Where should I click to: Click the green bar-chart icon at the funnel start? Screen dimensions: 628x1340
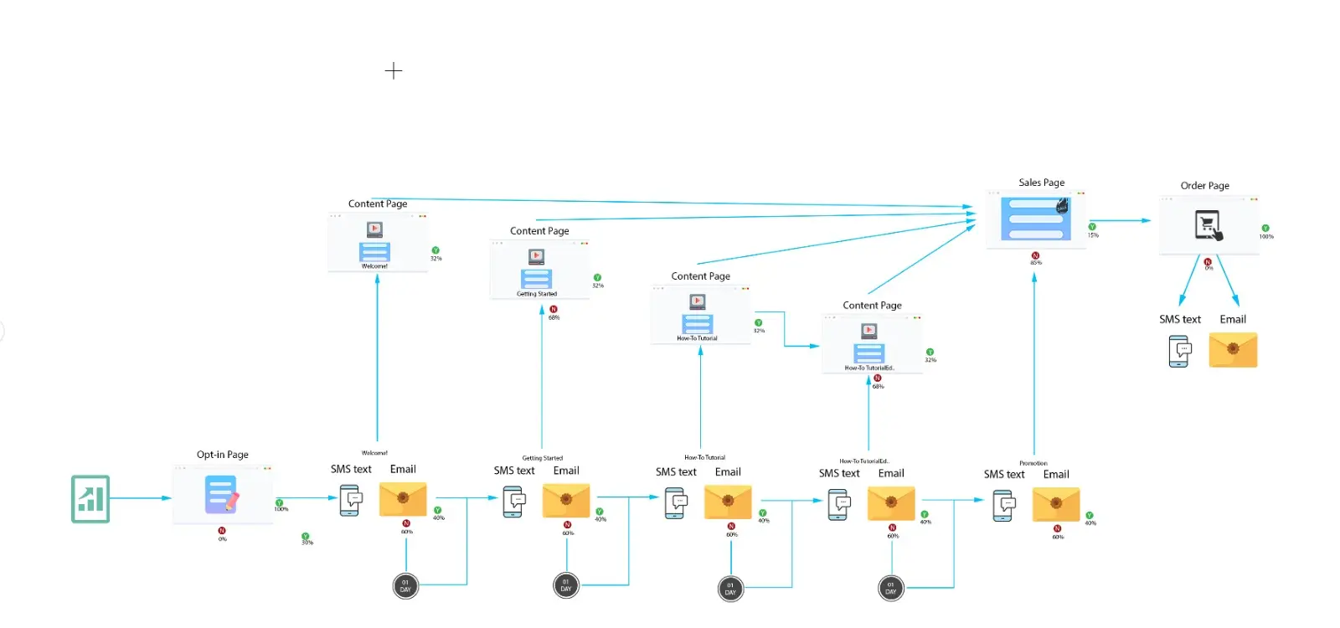90,499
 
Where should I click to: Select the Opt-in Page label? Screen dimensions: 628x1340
223,455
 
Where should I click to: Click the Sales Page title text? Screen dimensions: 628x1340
1041,183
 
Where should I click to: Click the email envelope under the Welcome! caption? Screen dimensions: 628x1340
403,499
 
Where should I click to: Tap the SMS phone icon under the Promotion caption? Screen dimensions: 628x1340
1003,506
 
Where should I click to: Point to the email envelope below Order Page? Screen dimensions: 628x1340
1233,350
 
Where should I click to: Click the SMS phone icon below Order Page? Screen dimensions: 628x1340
1179,351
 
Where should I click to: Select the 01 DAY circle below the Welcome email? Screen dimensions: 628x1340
405,586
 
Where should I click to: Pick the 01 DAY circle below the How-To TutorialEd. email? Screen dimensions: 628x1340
890,589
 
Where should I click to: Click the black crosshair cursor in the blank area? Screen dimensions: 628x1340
394,71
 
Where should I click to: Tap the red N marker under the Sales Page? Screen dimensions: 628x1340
1035,255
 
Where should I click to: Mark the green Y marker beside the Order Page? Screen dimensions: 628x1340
1265,228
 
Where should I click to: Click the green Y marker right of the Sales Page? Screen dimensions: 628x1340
1092,227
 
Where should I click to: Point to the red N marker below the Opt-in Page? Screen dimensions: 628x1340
222,531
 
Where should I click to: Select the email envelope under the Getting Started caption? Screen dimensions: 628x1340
566,501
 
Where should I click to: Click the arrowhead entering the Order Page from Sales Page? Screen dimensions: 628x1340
1147,221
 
